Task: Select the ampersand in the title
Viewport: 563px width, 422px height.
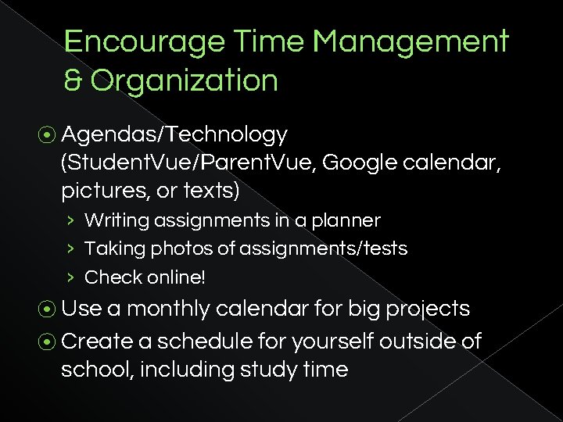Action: coord(73,80)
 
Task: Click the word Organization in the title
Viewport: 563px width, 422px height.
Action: coord(184,80)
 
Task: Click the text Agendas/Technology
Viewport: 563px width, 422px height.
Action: coord(174,135)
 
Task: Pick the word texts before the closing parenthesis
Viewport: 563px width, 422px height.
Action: coord(218,191)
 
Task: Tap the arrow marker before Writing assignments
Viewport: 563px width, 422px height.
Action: coord(70,221)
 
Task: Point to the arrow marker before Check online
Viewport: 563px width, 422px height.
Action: coord(70,277)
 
